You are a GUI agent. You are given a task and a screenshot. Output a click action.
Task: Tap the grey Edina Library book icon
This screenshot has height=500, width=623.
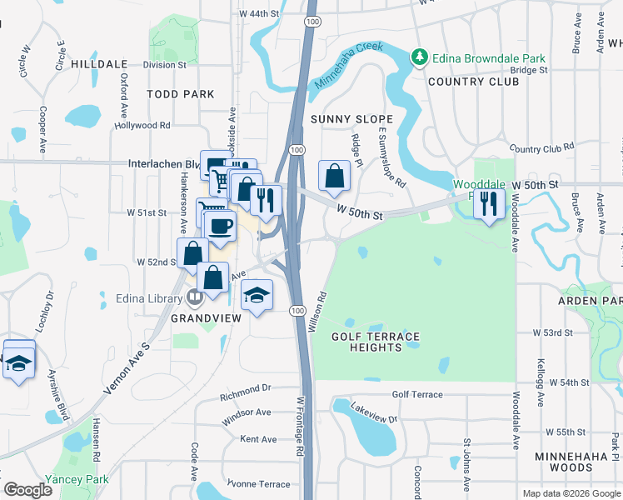coord(195,297)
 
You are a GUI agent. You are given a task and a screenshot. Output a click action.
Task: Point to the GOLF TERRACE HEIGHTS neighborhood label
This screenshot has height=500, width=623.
coord(375,342)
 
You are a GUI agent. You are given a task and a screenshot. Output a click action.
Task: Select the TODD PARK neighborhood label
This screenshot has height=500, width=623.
coord(181,94)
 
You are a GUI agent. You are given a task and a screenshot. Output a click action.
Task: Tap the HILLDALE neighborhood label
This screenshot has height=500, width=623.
coord(99,63)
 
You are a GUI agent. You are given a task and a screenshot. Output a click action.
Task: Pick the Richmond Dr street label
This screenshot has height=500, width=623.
coord(246,388)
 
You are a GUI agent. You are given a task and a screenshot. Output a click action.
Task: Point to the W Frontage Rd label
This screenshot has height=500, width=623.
coord(300,426)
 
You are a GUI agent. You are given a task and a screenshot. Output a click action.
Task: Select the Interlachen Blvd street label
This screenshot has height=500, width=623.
coord(164,164)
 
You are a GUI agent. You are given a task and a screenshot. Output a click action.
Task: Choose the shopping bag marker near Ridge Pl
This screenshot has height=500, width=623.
coord(334,176)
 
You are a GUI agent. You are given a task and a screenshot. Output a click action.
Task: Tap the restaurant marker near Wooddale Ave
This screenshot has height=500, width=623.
coord(489,202)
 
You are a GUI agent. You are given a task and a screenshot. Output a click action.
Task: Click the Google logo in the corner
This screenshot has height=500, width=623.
coord(27,490)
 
